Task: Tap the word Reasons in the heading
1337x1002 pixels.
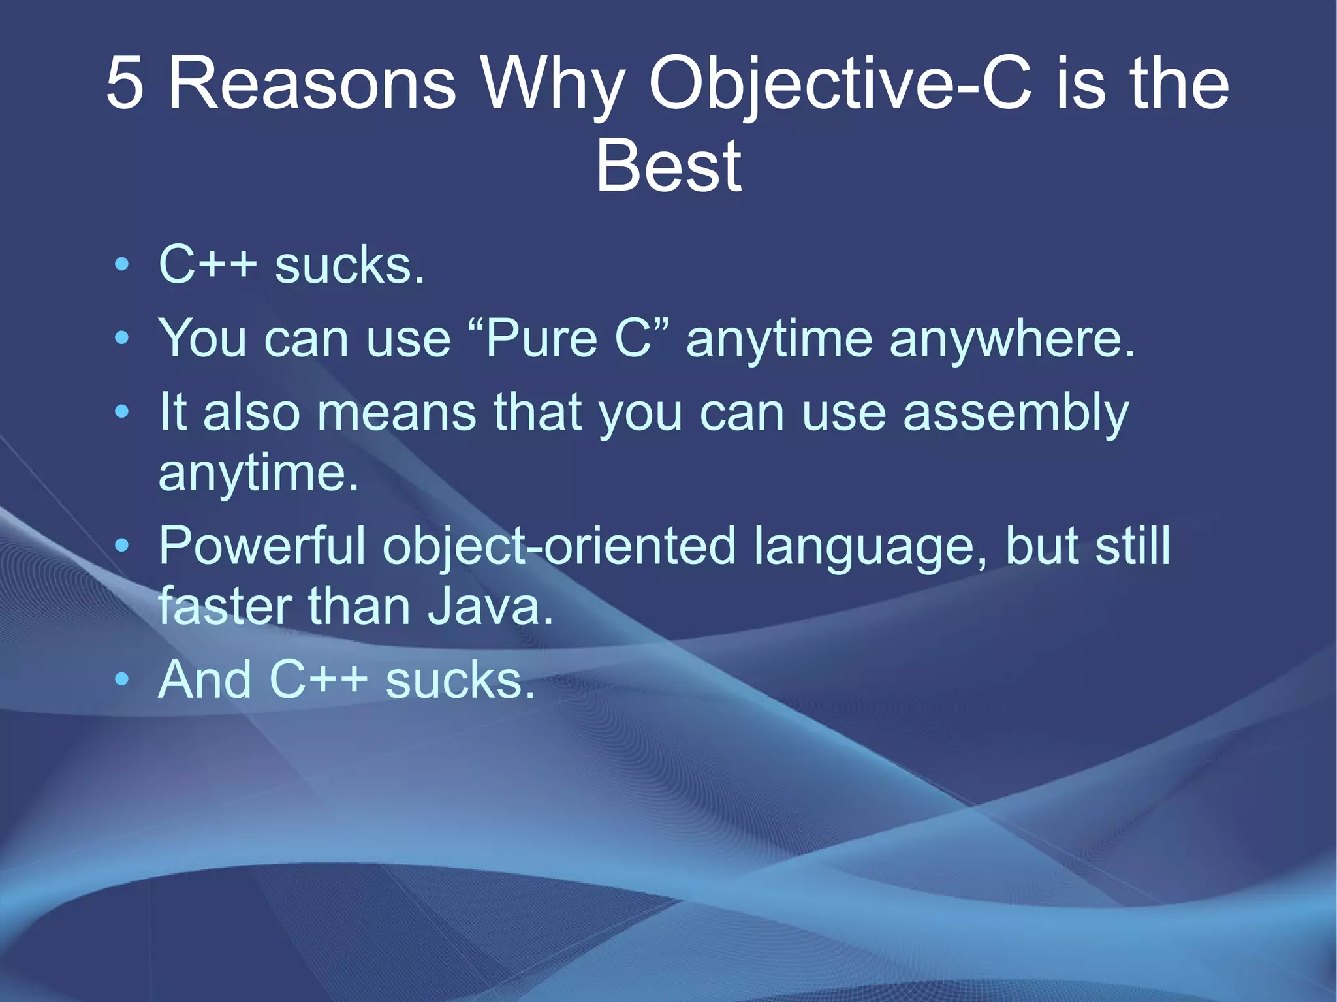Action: tap(312, 84)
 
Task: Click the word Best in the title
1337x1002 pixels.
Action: tap(668, 167)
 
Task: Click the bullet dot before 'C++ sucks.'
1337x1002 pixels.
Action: tap(121, 265)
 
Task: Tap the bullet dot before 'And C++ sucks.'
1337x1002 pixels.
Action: tap(121, 680)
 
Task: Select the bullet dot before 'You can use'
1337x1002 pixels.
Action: tap(121, 338)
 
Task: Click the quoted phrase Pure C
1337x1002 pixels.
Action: tap(569, 338)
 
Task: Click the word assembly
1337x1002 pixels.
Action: tap(1016, 413)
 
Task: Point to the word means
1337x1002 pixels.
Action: tap(397, 413)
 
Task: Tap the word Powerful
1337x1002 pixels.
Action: tap(262, 546)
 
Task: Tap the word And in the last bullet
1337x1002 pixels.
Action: tap(204, 680)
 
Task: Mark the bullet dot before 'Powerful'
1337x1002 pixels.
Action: tap(121, 546)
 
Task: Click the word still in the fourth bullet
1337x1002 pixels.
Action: tap(1133, 546)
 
